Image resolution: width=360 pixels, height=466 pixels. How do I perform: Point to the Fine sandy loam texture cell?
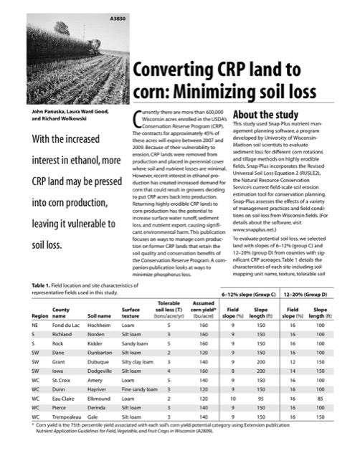click(140, 385)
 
